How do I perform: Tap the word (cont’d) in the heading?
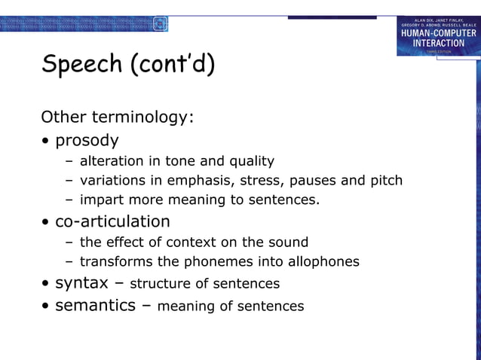pos(173,65)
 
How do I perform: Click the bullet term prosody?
pos(87,141)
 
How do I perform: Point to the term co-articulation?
pos(112,221)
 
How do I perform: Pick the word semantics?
pos(95,305)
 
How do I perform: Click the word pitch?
pos(386,181)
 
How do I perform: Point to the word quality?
pos(251,161)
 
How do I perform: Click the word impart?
pos(101,200)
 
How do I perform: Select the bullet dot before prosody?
pos(47,142)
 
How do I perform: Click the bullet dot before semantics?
pos(47,306)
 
